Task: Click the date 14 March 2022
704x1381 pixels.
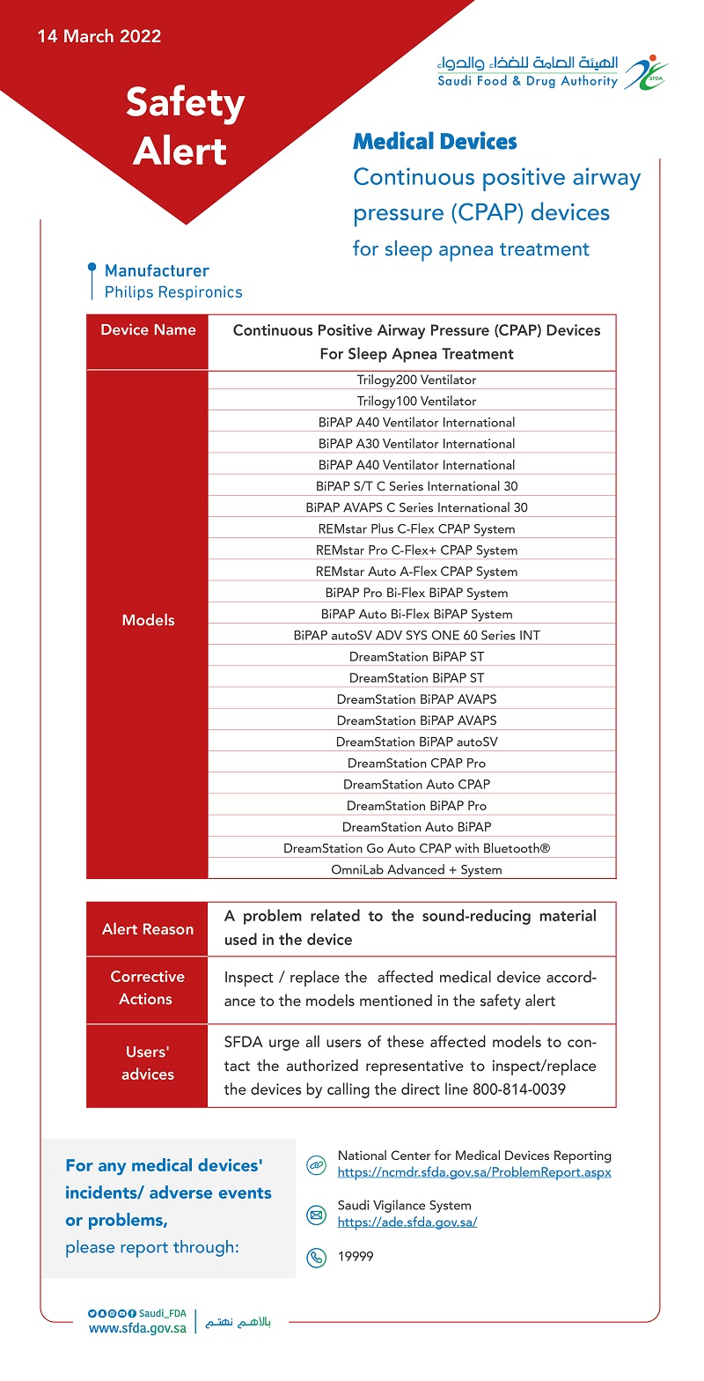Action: [x=99, y=37]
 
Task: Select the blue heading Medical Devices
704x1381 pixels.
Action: [x=435, y=142]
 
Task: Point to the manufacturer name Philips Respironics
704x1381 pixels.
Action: [x=173, y=292]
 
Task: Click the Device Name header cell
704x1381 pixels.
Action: [x=148, y=330]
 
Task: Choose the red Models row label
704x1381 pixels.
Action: [x=148, y=620]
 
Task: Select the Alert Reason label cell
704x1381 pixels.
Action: [x=148, y=929]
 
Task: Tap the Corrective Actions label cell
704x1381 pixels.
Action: [x=148, y=988]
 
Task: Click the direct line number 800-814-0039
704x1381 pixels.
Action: [x=507, y=1089]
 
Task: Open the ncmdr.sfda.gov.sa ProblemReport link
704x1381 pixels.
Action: [x=474, y=1172]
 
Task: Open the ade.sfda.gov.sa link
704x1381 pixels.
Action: [x=407, y=1222]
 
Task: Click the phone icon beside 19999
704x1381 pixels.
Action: [x=315, y=1258]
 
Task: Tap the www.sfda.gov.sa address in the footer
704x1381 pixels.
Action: [x=137, y=1328]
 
